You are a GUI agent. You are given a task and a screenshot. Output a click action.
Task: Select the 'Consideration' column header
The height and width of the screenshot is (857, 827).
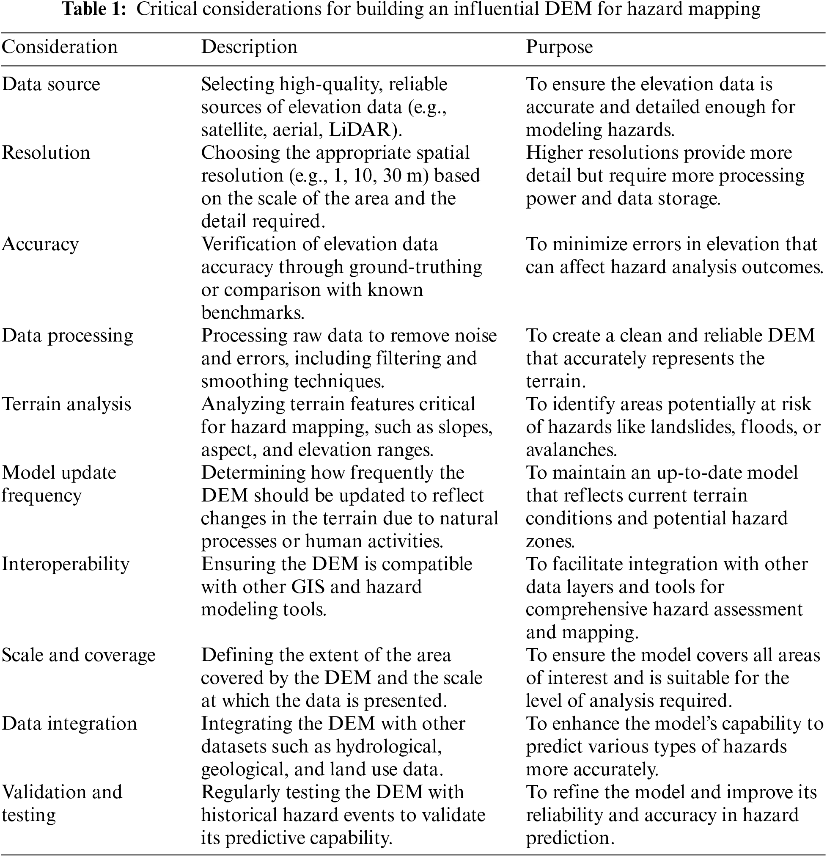(60, 47)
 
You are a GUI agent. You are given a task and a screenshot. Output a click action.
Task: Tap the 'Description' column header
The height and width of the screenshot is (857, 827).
(249, 47)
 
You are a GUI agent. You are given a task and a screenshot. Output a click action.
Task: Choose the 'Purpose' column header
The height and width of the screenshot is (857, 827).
(559, 47)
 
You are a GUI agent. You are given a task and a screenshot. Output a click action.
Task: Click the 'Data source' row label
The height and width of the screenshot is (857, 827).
(51, 84)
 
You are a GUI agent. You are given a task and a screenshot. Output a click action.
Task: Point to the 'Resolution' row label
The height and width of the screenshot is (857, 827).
(46, 153)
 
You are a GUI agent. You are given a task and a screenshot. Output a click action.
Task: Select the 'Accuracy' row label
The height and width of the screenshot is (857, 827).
(40, 245)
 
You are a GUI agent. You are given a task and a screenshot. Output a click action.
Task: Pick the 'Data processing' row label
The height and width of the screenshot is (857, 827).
(67, 336)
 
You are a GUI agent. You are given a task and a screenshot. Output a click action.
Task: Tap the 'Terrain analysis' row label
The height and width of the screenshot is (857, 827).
(66, 404)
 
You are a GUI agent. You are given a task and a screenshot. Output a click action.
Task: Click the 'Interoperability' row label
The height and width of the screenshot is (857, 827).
(66, 564)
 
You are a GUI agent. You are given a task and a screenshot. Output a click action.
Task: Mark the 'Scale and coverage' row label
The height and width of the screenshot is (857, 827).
(79, 656)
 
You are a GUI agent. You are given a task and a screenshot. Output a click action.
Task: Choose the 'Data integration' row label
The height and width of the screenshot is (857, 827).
(69, 724)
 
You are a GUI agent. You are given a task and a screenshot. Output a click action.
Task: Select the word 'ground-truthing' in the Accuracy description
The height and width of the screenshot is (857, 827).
(416, 267)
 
